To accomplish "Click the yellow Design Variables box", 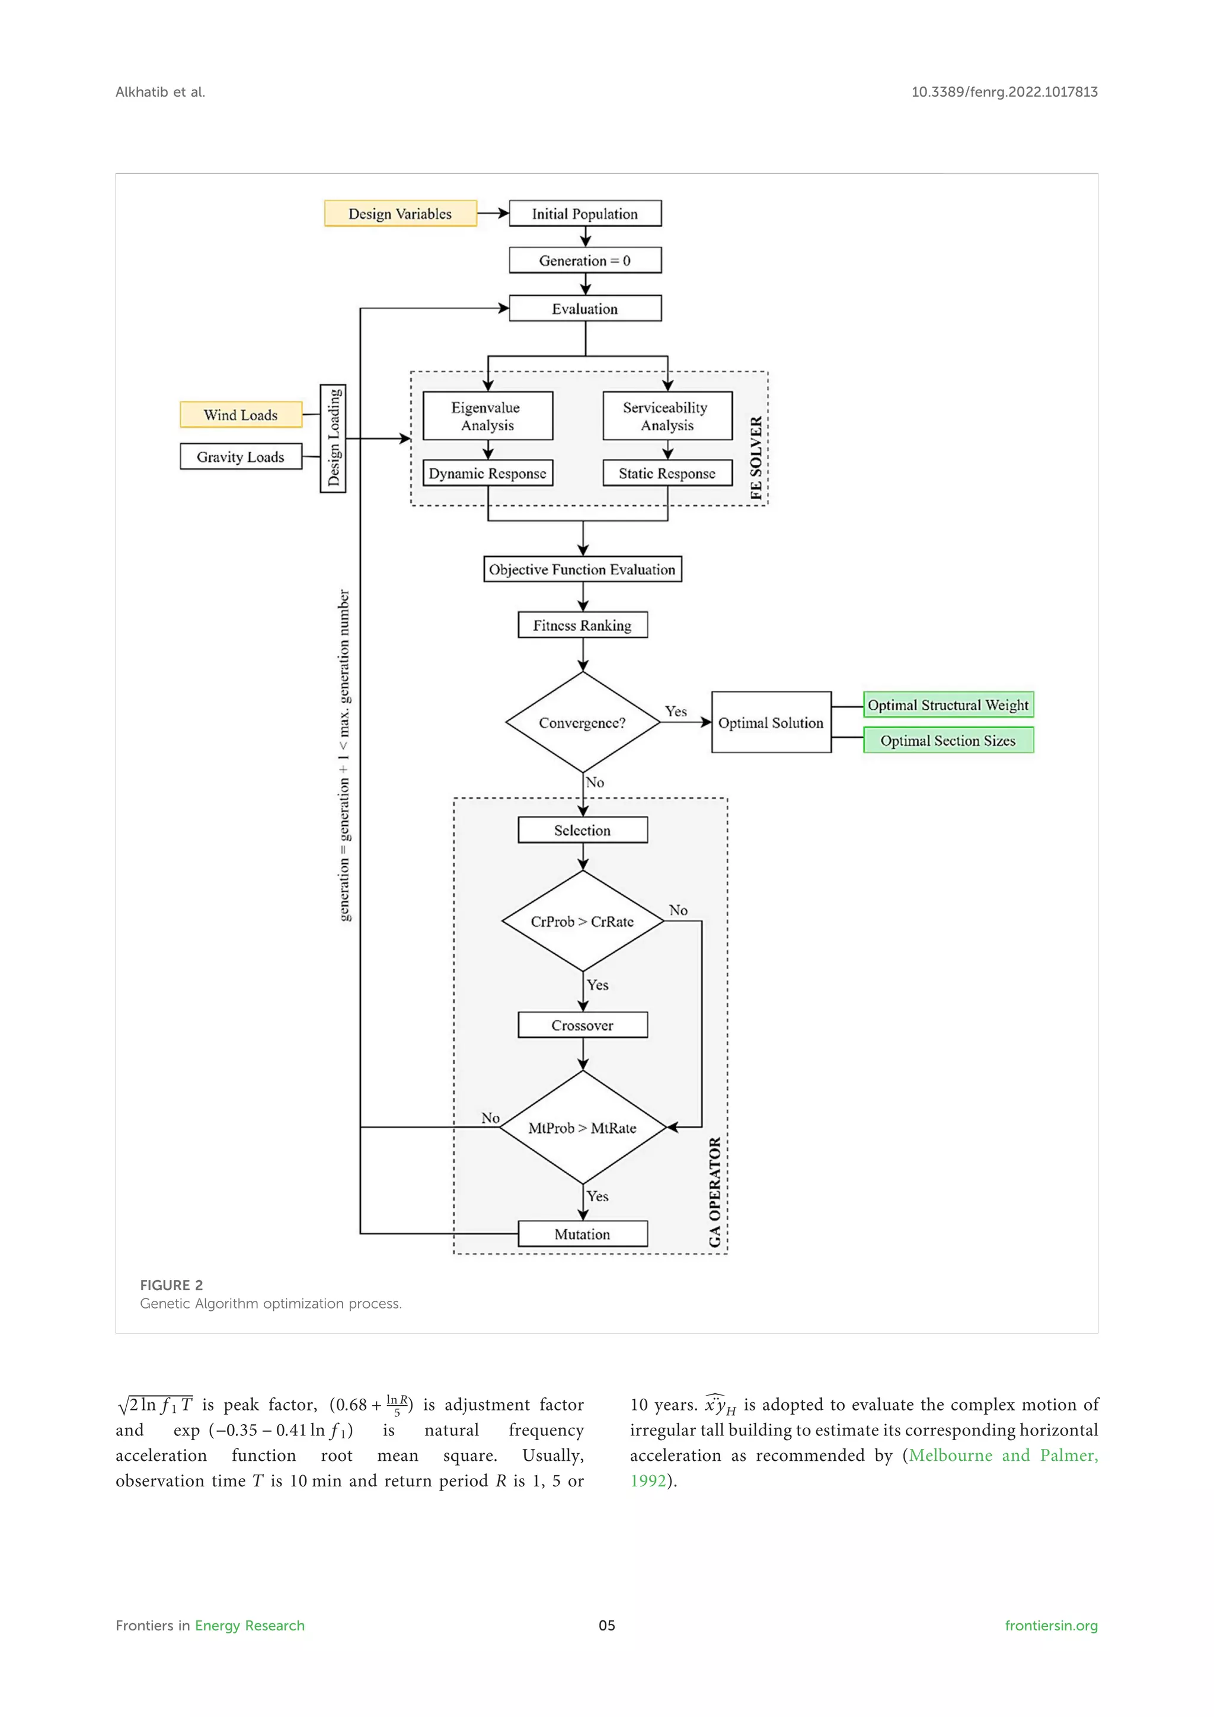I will click(400, 213).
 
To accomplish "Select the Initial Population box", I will click(584, 213).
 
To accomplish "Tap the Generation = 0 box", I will click(584, 260).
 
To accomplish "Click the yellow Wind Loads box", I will click(241, 414).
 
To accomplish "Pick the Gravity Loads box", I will click(241, 456).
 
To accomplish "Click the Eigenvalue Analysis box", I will click(487, 416).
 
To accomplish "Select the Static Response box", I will click(667, 473).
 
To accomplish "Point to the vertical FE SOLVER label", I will click(756, 458).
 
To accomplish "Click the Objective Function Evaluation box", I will click(582, 569).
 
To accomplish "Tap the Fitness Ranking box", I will click(582, 625).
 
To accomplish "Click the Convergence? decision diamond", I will click(582, 722).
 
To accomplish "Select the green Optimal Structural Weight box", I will click(948, 704).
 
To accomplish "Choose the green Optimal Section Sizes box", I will click(948, 741).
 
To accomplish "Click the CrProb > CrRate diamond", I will click(582, 921).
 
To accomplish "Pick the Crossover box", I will click(582, 1025).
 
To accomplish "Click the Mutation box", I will click(582, 1234).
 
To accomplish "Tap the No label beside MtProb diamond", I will click(490, 1117).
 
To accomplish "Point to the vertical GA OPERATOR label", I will click(715, 1192).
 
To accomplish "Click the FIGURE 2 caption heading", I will click(171, 1285).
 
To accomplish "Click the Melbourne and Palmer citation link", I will click(1002, 1456).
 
